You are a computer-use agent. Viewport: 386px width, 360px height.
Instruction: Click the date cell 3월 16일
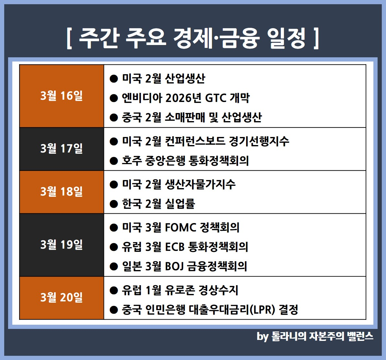point(62,96)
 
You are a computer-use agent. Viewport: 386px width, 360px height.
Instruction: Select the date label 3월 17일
point(62,149)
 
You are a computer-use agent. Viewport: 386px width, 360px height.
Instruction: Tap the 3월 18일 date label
point(62,192)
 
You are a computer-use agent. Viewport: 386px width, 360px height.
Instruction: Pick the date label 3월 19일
point(62,245)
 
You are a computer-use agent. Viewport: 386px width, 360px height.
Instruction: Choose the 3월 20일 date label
point(62,298)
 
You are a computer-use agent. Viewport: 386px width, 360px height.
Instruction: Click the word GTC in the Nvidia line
point(216,98)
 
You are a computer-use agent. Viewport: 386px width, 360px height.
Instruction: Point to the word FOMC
point(180,227)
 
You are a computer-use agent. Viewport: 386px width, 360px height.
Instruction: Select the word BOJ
point(174,266)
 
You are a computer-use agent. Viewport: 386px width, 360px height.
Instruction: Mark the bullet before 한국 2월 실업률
point(114,204)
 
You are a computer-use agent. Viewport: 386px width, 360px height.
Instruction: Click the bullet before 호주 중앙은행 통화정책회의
point(114,161)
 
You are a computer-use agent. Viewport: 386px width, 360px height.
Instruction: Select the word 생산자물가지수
point(200,184)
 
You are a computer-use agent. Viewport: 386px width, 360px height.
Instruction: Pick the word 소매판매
point(185,118)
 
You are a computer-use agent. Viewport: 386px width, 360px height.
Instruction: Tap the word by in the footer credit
point(262,337)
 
